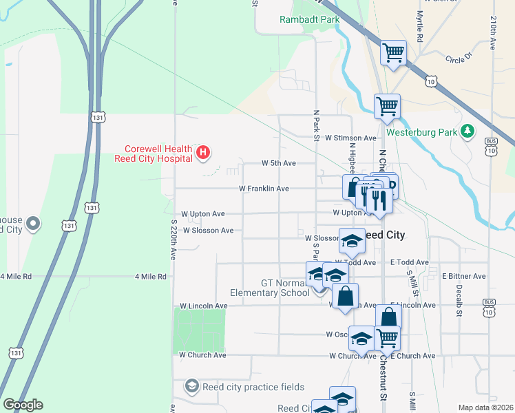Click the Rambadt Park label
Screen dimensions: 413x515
pyautogui.click(x=310, y=19)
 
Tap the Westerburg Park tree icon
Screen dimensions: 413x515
pyautogui.click(x=468, y=131)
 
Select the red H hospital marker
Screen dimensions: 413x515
pyautogui.click(x=203, y=153)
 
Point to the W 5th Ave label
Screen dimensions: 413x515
pyautogui.click(x=279, y=163)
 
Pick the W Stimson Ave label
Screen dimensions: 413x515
pyautogui.click(x=351, y=138)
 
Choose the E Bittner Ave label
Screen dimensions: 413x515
pyautogui.click(x=464, y=276)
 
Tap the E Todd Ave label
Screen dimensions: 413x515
pyautogui.click(x=409, y=262)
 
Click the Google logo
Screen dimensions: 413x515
pyautogui.click(x=23, y=405)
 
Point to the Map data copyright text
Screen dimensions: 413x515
pyautogui.click(x=485, y=407)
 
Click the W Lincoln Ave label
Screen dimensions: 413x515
pyautogui.click(x=203, y=306)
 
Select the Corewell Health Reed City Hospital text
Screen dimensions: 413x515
pyautogui.click(x=158, y=153)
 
